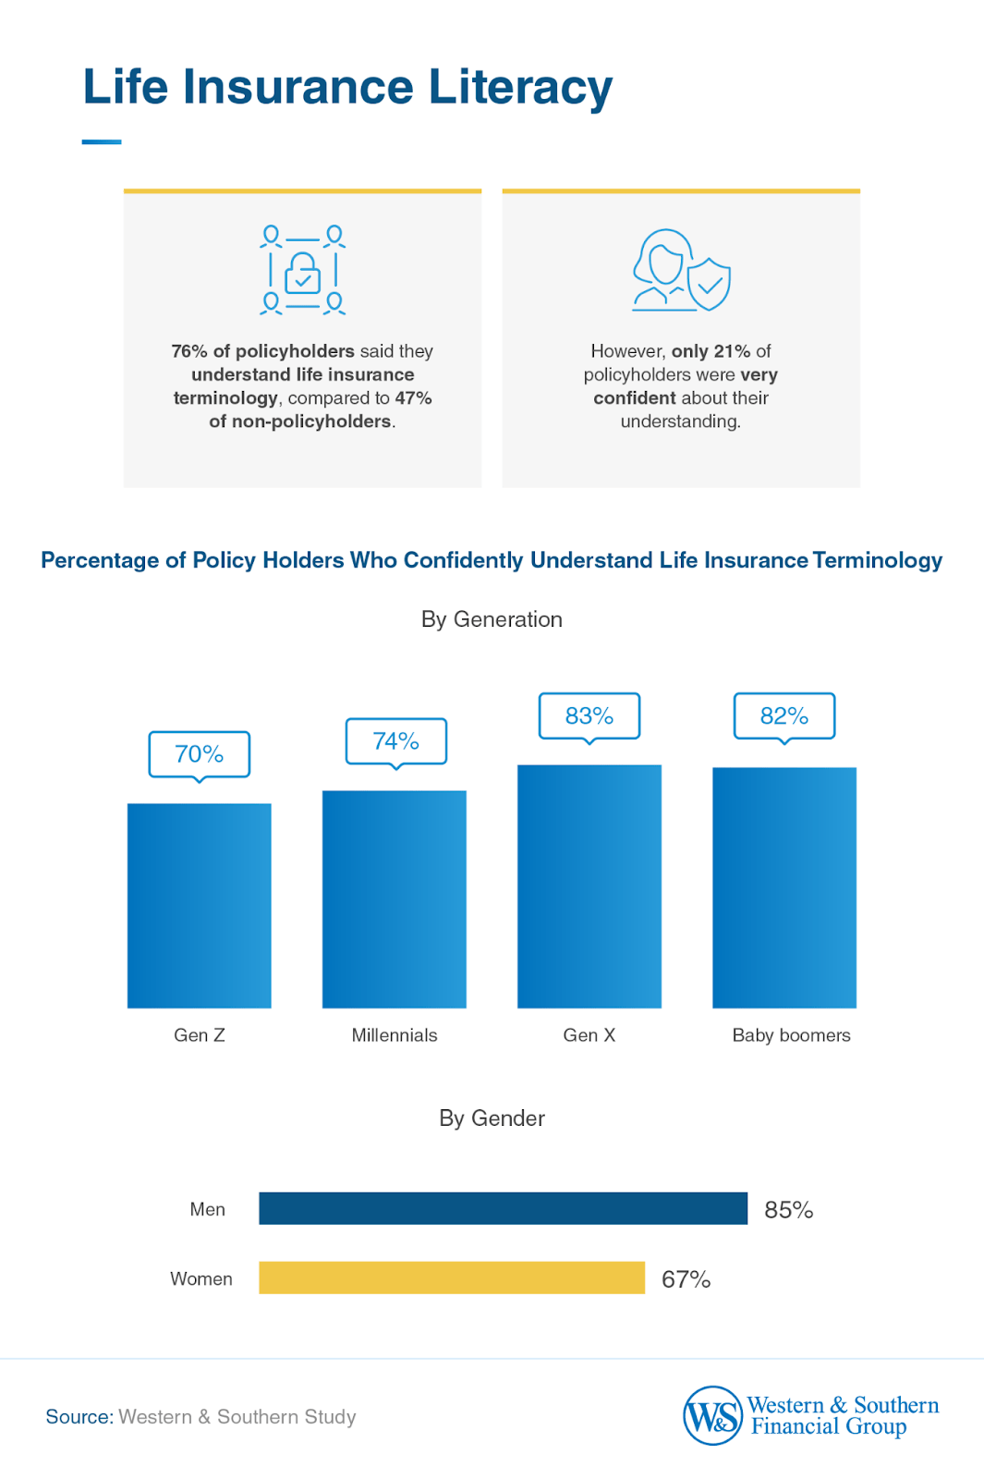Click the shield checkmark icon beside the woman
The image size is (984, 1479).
pos(710,284)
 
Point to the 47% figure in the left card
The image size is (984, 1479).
pos(413,398)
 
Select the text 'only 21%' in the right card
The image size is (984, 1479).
pos(711,351)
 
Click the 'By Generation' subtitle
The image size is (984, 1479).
pos(492,619)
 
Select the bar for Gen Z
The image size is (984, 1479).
pos(200,906)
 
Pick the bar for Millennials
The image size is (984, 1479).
pos(395,899)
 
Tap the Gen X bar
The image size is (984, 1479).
pos(589,886)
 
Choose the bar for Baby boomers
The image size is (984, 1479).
pos(784,887)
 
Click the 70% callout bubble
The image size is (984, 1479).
pos(200,754)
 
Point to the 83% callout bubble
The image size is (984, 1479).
pos(589,715)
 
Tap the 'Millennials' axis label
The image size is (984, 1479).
pos(395,1035)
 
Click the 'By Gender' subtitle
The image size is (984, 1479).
pos(492,1118)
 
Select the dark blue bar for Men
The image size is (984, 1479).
pos(503,1208)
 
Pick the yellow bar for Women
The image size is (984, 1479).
pos(452,1277)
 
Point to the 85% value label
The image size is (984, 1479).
pos(788,1210)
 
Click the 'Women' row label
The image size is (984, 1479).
pos(201,1278)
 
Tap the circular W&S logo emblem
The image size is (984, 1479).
pos(712,1415)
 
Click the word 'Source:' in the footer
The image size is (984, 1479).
pos(79,1417)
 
